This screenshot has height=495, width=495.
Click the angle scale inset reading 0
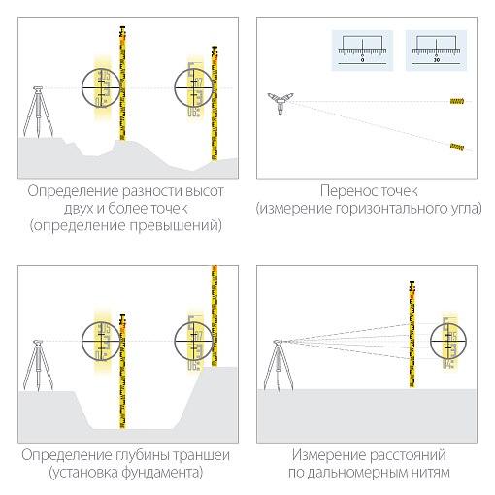[x=361, y=49]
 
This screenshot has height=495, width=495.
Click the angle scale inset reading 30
[x=436, y=49]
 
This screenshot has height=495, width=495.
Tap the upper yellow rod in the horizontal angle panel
[x=456, y=102]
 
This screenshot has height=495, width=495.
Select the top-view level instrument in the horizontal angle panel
[x=281, y=101]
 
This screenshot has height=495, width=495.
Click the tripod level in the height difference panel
[x=37, y=113]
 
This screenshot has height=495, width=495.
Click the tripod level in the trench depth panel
[x=37, y=364]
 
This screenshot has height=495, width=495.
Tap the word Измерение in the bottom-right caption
[x=326, y=455]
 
